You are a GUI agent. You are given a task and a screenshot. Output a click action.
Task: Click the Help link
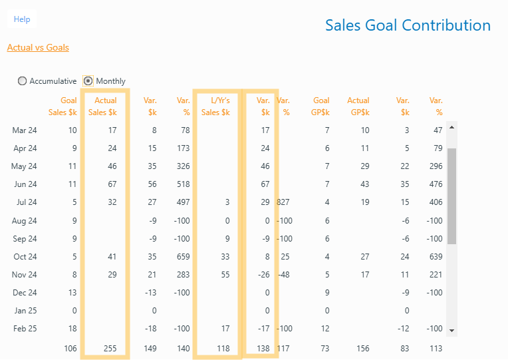pos(22,19)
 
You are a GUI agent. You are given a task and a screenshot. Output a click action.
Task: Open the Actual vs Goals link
pos(38,47)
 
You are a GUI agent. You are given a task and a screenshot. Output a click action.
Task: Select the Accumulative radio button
pos(23,81)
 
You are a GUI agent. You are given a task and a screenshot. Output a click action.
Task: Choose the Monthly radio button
pos(88,81)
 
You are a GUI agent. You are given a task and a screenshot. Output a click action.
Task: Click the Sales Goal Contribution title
pos(408,25)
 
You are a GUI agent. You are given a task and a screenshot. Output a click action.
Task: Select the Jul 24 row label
pos(25,202)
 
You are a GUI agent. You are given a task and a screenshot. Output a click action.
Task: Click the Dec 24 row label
pos(25,292)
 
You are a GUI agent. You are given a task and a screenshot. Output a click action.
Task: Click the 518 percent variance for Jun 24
pos(183,184)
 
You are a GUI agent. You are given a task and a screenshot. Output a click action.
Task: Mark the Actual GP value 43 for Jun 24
pos(364,184)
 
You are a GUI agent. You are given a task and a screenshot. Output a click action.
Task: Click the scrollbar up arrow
pos(451,126)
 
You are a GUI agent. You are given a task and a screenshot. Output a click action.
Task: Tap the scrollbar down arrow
pos(451,330)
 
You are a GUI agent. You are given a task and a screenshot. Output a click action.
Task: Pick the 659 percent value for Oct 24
pos(183,256)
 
